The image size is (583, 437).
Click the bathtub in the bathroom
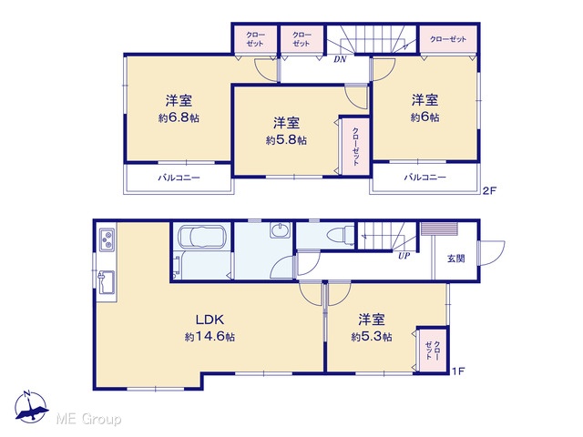point(202,237)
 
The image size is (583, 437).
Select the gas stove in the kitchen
point(107,239)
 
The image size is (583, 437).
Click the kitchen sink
point(107,282)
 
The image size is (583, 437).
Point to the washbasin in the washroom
point(280,230)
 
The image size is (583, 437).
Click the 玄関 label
point(455,259)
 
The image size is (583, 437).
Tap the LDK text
point(210,320)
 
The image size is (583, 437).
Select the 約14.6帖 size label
point(210,337)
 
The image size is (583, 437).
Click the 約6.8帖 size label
point(179,118)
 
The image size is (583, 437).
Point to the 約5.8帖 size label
point(286,140)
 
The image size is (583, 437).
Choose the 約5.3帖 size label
point(372,337)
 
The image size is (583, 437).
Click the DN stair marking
point(340,59)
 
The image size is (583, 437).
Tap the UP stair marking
point(404,256)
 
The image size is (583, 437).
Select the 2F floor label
point(489,191)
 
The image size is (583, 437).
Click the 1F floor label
point(458,371)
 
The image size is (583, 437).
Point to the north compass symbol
point(31,407)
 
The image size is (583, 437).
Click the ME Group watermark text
point(88,419)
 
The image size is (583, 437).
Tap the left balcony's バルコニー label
point(179,178)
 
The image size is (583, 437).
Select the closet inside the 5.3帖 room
point(433,351)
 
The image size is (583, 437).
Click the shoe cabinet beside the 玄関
point(439,229)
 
